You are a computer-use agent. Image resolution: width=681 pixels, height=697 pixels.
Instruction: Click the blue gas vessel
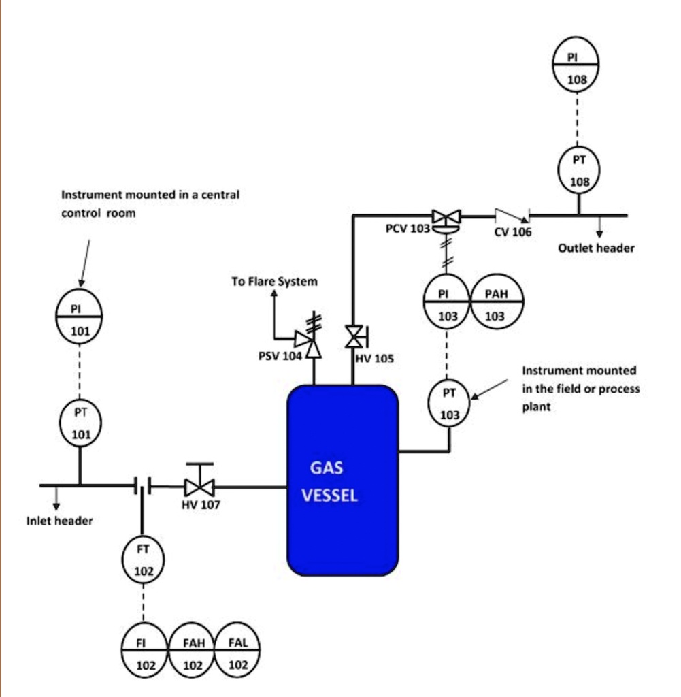click(x=342, y=480)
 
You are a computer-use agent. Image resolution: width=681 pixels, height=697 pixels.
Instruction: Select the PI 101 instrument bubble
click(x=80, y=318)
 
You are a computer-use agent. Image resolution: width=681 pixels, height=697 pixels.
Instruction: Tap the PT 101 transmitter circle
click(x=80, y=422)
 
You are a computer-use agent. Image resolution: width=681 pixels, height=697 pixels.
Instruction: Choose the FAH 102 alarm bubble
click(x=193, y=653)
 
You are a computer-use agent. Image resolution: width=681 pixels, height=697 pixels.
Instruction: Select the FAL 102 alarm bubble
click(x=237, y=653)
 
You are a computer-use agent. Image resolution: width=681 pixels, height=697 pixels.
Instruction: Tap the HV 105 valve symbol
click(x=354, y=336)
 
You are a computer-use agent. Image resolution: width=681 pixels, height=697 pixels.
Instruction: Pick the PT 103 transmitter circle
click(x=449, y=403)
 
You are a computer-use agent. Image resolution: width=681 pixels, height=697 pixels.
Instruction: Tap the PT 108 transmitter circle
click(x=579, y=170)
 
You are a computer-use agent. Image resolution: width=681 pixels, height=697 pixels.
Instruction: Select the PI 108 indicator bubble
click(x=576, y=66)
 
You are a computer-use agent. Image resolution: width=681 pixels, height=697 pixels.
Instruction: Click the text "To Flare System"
click(x=274, y=281)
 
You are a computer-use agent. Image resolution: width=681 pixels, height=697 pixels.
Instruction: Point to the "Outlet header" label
click(x=596, y=248)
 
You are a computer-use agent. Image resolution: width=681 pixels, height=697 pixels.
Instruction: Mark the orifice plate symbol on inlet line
click(x=143, y=485)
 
